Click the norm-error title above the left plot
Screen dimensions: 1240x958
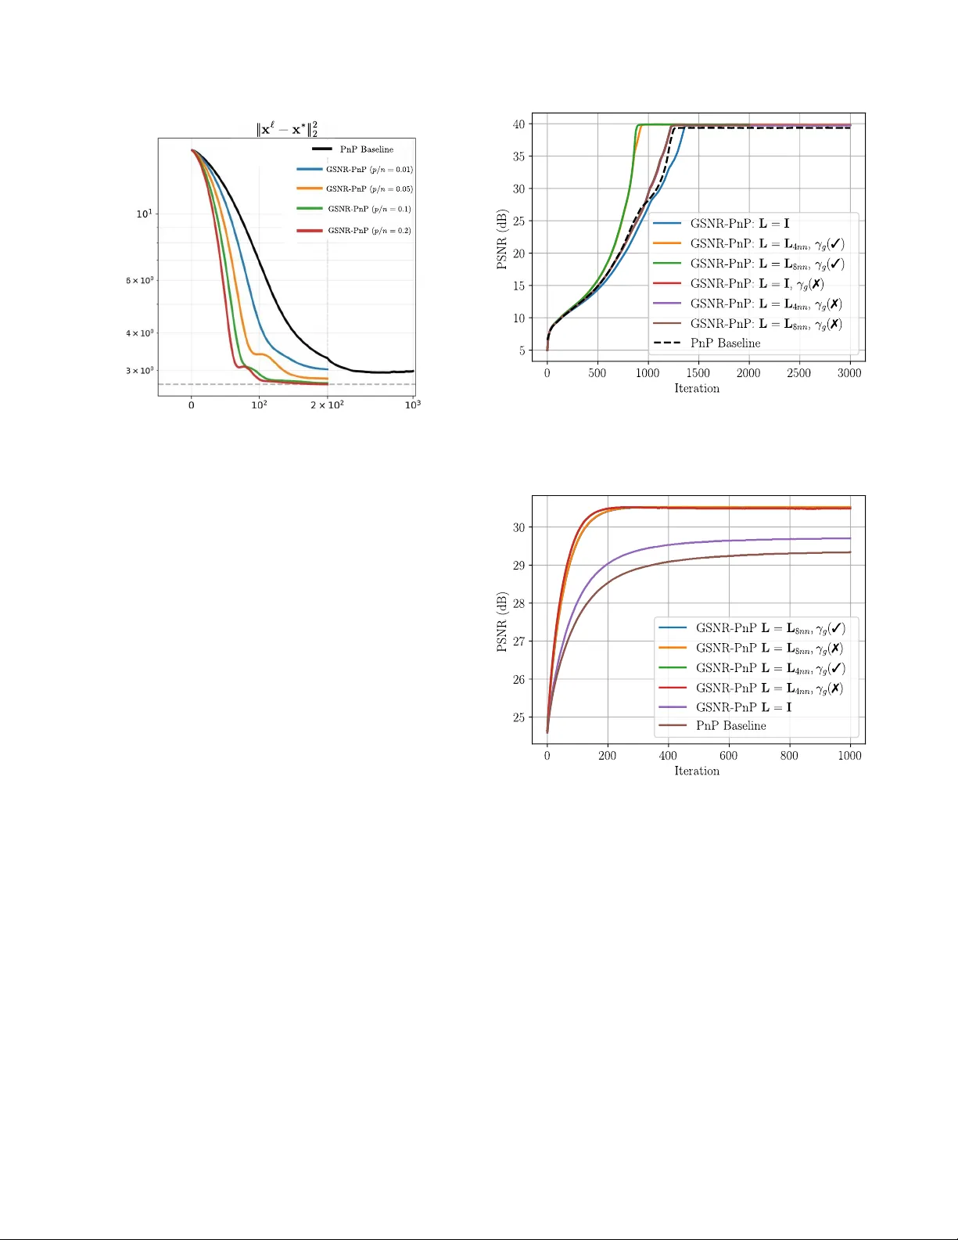coord(287,129)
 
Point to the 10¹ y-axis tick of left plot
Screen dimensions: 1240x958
coord(145,214)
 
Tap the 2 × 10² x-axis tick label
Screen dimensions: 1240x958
coord(327,404)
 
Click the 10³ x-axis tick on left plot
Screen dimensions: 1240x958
coord(412,404)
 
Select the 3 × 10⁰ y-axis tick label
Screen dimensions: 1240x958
coord(140,371)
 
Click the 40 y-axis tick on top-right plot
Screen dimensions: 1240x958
coord(518,124)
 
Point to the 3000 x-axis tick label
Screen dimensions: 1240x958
coord(849,373)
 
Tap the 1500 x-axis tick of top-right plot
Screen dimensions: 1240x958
coord(698,373)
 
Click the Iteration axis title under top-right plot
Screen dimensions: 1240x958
coord(697,389)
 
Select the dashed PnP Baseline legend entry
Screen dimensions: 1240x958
coord(725,343)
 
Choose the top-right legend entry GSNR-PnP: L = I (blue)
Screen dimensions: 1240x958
coord(739,224)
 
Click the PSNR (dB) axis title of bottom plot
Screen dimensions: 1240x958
coord(502,622)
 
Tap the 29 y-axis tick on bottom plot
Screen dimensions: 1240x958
coord(518,566)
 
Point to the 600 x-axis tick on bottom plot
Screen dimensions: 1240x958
coord(728,756)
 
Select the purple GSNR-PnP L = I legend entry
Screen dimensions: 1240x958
coord(743,707)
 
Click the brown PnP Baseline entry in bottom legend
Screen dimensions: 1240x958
coord(730,726)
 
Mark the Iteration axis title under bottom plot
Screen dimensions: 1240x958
coord(697,771)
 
